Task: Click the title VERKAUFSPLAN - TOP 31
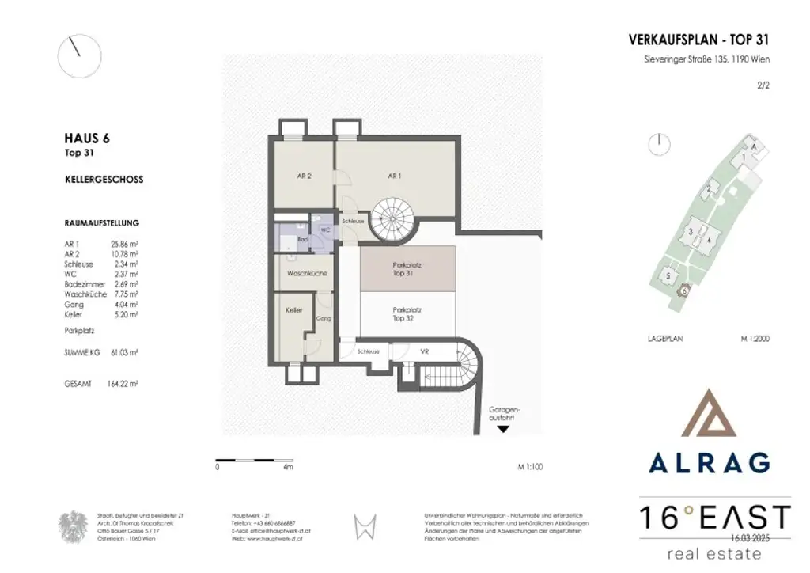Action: pyautogui.click(x=698, y=39)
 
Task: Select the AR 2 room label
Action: pyautogui.click(x=303, y=176)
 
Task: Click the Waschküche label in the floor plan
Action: pyautogui.click(x=304, y=273)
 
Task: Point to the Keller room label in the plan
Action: pyautogui.click(x=293, y=311)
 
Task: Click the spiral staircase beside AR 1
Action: pyautogui.click(x=394, y=219)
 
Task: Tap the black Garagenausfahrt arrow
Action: pyautogui.click(x=502, y=430)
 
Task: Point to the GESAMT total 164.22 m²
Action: pyautogui.click(x=124, y=382)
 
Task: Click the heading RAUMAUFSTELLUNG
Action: pyautogui.click(x=101, y=223)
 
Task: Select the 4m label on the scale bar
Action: pyautogui.click(x=287, y=467)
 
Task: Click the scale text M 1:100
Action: pyautogui.click(x=530, y=467)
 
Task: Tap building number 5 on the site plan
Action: pyautogui.click(x=668, y=275)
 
